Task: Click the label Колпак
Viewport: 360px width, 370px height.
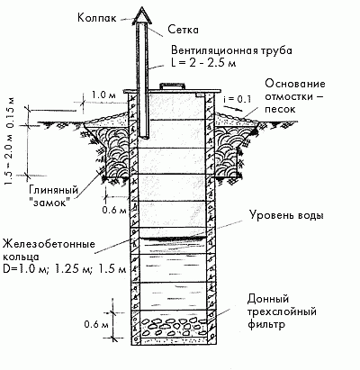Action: pyautogui.click(x=96, y=17)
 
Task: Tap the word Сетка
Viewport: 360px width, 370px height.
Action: pyautogui.click(x=183, y=30)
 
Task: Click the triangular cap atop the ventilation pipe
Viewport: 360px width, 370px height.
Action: pyautogui.click(x=142, y=15)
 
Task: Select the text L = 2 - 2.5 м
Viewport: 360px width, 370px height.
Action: pyautogui.click(x=203, y=64)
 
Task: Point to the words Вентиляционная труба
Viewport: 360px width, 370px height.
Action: pyautogui.click(x=231, y=50)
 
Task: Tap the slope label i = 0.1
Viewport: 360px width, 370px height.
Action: pyautogui.click(x=238, y=100)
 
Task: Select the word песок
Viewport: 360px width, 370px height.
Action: pyautogui.click(x=280, y=109)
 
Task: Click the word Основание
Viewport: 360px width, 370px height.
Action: pyautogui.click(x=295, y=83)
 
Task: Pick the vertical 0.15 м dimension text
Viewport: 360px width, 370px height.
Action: pyautogui.click(x=10, y=111)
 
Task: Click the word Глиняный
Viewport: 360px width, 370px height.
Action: pyautogui.click(x=54, y=190)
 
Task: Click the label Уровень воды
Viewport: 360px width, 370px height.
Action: pyautogui.click(x=286, y=215)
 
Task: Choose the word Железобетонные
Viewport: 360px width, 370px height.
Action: pyautogui.click(x=49, y=244)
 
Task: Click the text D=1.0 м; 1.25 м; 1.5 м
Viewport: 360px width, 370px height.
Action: pyautogui.click(x=64, y=269)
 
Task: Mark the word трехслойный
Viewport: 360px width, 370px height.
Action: pyautogui.click(x=282, y=311)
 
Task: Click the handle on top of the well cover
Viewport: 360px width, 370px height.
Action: pyautogui.click(x=172, y=86)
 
